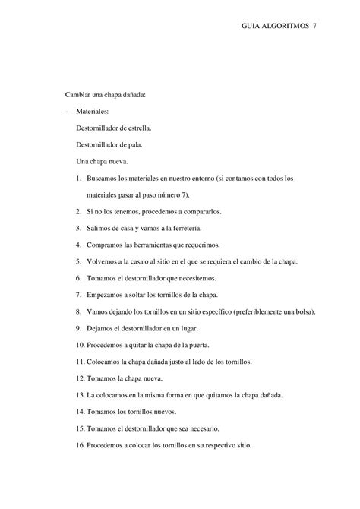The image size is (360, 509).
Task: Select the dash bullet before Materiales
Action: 66,111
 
